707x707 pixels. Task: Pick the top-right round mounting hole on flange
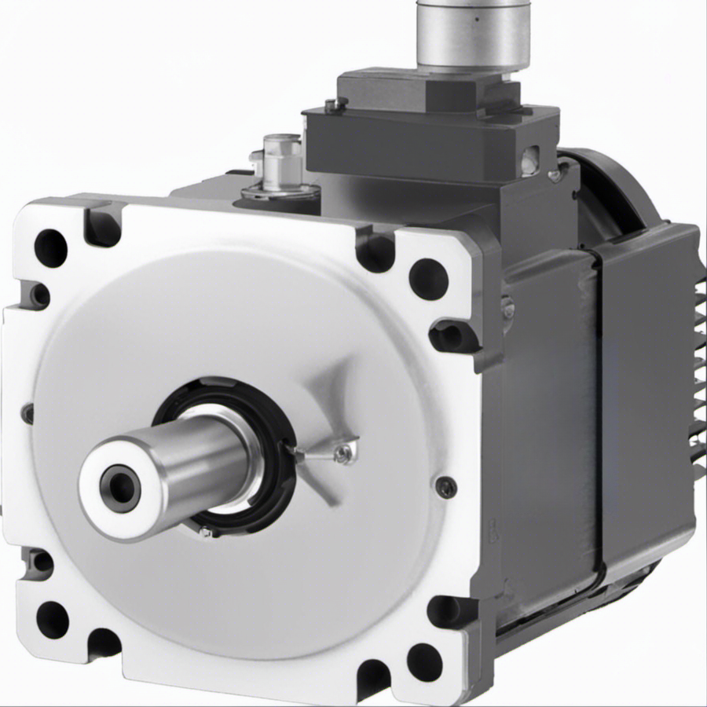[x=429, y=278]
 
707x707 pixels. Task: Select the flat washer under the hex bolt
[x=281, y=190]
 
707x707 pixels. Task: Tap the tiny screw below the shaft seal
[x=206, y=533]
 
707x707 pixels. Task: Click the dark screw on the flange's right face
[x=445, y=487]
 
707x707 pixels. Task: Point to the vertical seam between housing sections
[x=596, y=408]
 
